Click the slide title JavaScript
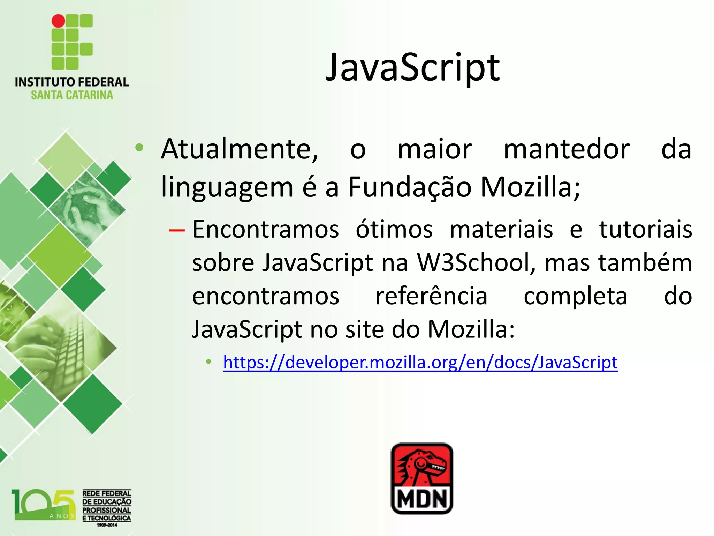click(x=412, y=68)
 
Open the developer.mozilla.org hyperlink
click(x=420, y=362)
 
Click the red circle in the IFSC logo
click(x=58, y=21)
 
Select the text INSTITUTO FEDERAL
click(x=72, y=82)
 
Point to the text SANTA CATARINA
click(x=72, y=95)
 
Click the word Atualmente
click(x=240, y=149)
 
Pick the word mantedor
click(x=567, y=149)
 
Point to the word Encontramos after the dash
click(x=266, y=230)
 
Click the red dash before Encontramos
click(x=176, y=230)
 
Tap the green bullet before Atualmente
click(x=139, y=148)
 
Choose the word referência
click(x=431, y=296)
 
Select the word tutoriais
click(x=645, y=230)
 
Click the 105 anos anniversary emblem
click(x=43, y=505)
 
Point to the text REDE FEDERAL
click(x=107, y=493)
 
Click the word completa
click(x=575, y=296)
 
